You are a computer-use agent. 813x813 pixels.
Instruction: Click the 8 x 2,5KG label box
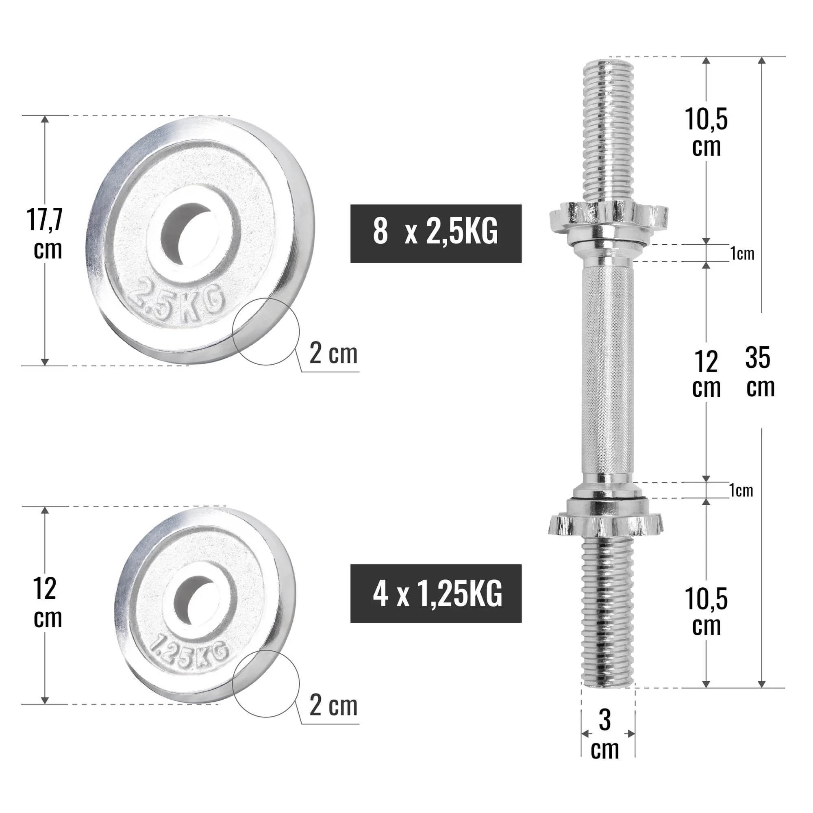click(x=435, y=234)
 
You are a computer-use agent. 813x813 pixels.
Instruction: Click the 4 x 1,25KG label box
click(x=435, y=593)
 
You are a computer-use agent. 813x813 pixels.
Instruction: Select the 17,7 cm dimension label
click(x=46, y=234)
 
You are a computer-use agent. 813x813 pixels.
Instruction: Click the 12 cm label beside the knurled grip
click(x=706, y=374)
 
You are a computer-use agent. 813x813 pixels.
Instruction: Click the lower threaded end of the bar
click(x=608, y=614)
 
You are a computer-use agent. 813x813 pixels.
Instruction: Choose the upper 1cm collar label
click(x=742, y=254)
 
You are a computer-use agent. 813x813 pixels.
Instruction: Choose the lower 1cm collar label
click(x=741, y=491)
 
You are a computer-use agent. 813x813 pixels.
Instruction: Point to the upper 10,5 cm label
click(x=706, y=132)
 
